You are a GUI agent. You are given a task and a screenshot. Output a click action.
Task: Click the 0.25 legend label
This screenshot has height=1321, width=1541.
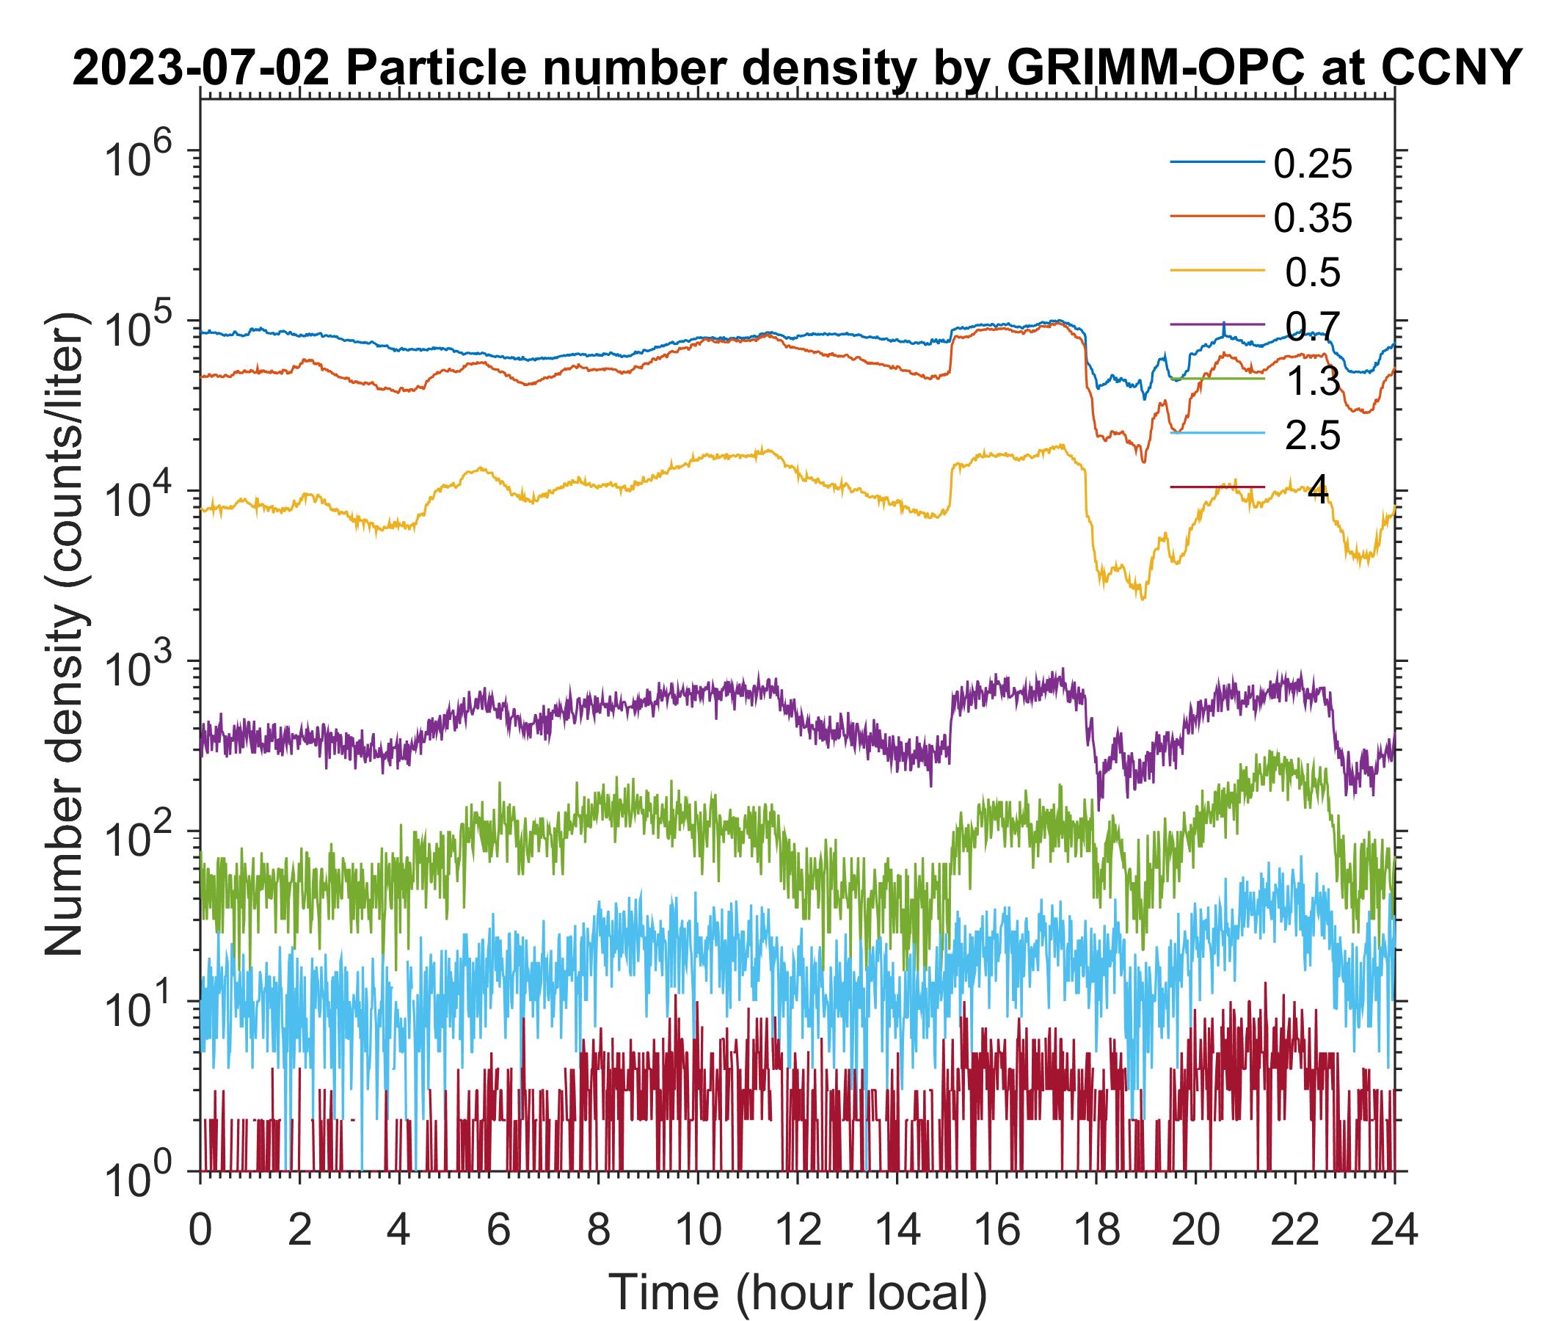coord(1312,164)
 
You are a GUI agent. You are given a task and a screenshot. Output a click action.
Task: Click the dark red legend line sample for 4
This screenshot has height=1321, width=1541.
coord(1217,487)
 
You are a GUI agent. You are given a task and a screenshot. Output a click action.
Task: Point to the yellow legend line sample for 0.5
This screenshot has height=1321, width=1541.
coord(1217,271)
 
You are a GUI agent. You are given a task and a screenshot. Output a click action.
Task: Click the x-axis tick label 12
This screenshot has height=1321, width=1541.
coord(796,1229)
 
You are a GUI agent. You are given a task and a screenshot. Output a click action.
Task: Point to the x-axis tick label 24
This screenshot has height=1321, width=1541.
coord(1394,1229)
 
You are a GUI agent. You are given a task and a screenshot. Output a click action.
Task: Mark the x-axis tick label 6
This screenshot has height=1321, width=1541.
coord(498,1229)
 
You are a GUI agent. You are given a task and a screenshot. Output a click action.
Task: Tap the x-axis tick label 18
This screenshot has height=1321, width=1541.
coord(1096,1229)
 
